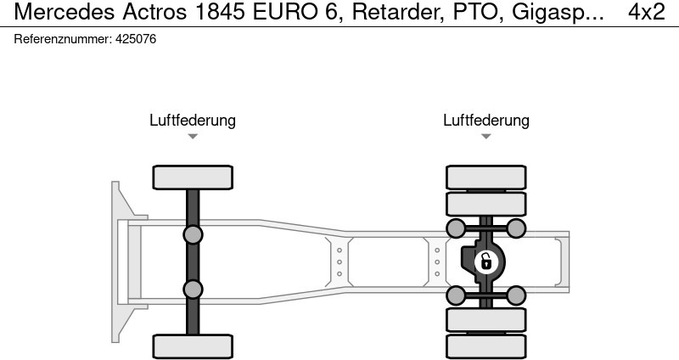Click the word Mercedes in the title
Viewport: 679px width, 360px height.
65,12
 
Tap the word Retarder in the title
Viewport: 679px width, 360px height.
398,12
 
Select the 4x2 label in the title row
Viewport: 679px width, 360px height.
647,12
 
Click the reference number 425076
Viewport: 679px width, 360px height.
136,39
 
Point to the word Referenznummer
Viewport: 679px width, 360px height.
63,39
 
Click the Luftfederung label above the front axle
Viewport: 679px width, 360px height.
193,120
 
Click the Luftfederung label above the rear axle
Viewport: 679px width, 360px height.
486,120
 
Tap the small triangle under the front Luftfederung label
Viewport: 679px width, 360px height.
193,136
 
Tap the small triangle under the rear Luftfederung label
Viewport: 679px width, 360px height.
486,136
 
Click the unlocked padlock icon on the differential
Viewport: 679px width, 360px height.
486,262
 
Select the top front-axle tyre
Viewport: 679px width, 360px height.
193,177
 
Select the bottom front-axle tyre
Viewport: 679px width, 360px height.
193,346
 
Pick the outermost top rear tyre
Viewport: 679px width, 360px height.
486,177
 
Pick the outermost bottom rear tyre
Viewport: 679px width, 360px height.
486,347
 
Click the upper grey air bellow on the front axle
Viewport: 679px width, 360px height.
193,235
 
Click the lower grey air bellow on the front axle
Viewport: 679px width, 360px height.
193,290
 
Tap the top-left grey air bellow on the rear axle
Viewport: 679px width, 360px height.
456,228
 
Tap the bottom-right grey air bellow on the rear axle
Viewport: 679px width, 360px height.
516,295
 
